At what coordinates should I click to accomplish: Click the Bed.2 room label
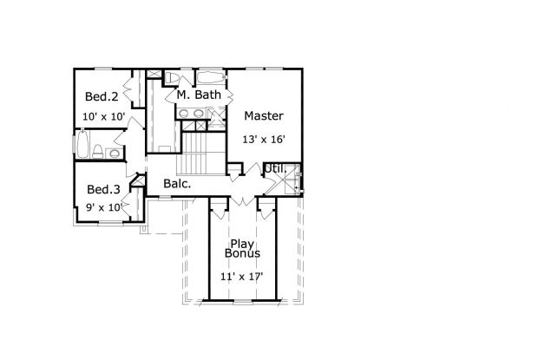(x=101, y=96)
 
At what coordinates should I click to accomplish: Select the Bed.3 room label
(x=103, y=189)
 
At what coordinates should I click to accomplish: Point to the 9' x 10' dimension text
(x=102, y=208)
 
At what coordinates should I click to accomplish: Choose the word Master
(x=263, y=115)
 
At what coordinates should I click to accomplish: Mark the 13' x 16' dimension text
(x=263, y=137)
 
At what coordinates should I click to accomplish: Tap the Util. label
(x=275, y=168)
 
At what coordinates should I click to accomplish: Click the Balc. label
(x=177, y=184)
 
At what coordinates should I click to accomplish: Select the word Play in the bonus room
(x=240, y=244)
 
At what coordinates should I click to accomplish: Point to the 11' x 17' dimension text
(x=240, y=277)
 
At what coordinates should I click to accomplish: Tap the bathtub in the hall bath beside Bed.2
(x=82, y=145)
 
